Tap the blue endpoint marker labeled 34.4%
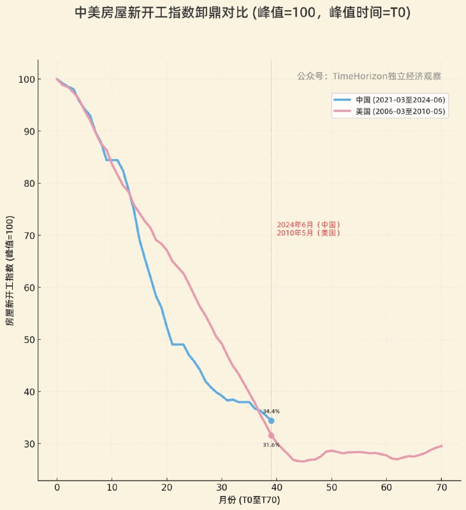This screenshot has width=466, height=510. coord(271,421)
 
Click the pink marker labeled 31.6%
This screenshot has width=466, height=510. coord(271,435)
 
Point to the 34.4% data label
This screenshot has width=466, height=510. coord(271,412)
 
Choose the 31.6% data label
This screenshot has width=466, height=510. coord(271,445)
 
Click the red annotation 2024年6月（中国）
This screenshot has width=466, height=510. coord(309,225)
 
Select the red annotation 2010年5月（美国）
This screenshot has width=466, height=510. coord(309,233)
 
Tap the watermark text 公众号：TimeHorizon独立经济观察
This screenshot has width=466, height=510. coord(368,76)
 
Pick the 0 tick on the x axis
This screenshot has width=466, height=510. coord(57,487)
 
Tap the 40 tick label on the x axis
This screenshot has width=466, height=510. coord(277,487)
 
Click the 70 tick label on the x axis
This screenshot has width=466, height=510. coord(441,487)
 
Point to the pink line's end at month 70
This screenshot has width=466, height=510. coord(441,446)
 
